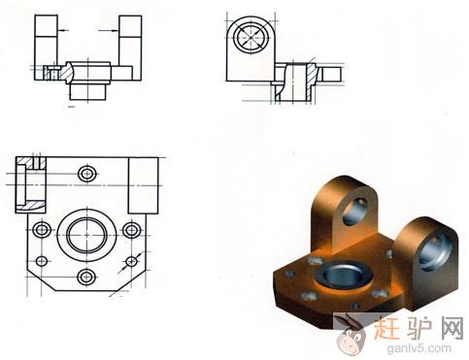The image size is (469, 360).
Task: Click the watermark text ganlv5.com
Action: pyautogui.click(x=419, y=348)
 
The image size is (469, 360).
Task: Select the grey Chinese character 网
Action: pyautogui.click(x=452, y=327)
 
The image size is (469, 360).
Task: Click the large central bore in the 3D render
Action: pyautogui.click(x=346, y=276)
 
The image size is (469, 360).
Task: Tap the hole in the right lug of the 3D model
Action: pyautogui.click(x=435, y=250)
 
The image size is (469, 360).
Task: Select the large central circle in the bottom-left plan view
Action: pyautogui.click(x=86, y=235)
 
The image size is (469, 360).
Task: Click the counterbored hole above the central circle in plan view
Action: pyautogui.click(x=87, y=174)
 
